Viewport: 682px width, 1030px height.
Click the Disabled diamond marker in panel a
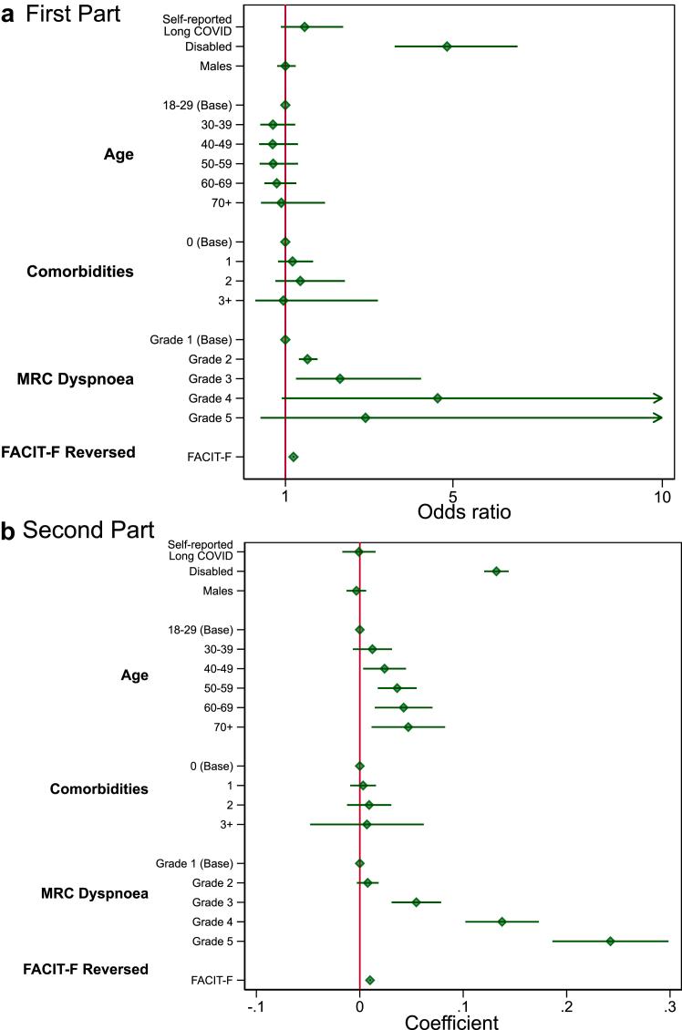point(447,46)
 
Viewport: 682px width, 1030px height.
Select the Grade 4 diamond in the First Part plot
point(438,398)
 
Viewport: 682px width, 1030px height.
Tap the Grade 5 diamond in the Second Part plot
point(610,941)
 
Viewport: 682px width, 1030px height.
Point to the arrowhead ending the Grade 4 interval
point(657,398)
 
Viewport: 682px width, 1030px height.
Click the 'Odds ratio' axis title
point(464,511)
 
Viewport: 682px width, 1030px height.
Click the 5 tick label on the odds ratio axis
point(452,496)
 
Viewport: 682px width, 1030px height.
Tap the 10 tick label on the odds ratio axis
point(662,496)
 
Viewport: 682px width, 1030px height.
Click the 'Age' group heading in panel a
point(119,154)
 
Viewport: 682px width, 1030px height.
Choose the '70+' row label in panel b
point(222,727)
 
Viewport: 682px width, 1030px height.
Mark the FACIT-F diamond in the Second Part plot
point(369,980)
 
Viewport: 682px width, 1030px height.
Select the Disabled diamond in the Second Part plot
point(496,572)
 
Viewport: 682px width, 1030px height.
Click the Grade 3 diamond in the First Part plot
point(340,378)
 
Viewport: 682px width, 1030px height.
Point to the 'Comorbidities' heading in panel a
point(79,272)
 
